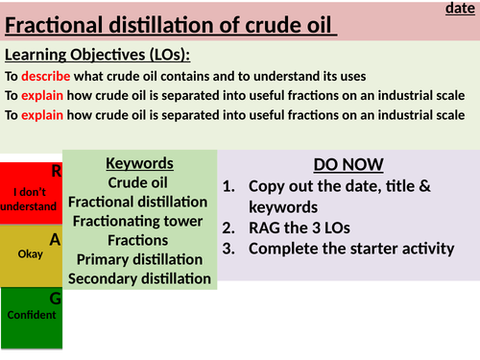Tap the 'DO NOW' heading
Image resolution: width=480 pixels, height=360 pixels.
point(348,164)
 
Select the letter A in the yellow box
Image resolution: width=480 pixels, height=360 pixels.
point(56,239)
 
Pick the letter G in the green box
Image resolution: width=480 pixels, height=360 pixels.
point(56,299)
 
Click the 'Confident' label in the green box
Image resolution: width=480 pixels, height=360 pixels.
point(30,315)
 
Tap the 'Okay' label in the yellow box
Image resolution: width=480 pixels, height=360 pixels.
point(30,255)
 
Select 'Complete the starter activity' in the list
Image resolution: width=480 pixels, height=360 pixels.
point(350,250)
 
